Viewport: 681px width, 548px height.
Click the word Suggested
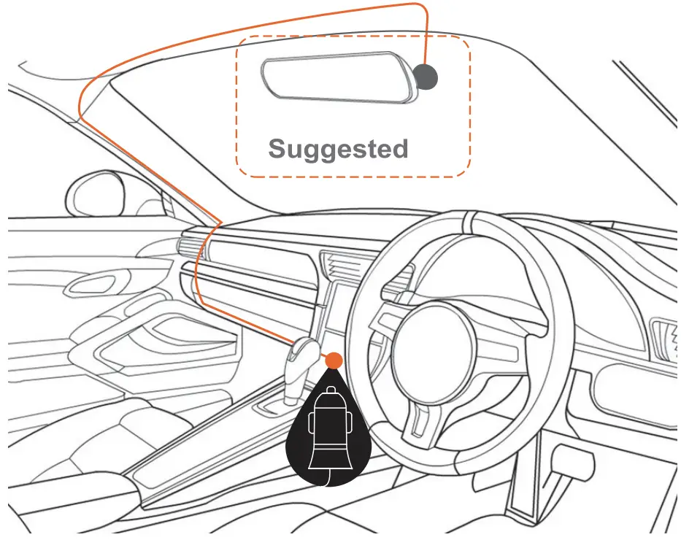(x=338, y=150)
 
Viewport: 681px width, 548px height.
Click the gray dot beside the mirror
(x=426, y=75)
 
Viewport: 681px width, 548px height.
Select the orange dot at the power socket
(x=334, y=360)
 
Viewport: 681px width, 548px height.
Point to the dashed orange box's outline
(x=236, y=109)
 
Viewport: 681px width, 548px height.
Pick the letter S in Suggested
(x=278, y=149)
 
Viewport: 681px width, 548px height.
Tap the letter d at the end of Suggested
(x=398, y=148)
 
